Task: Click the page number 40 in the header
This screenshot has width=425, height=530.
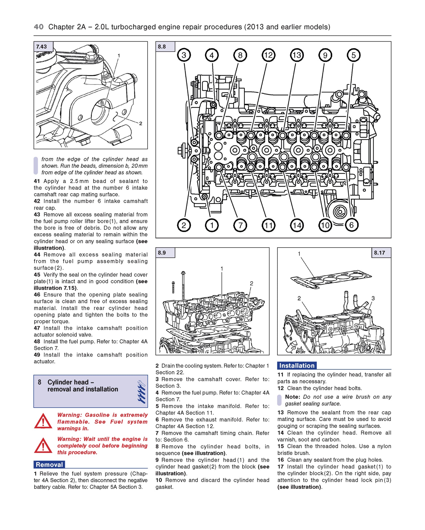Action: [39, 27]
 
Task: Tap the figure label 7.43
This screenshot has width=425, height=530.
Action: [42, 47]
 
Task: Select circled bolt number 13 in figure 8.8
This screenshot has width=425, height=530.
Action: [297, 55]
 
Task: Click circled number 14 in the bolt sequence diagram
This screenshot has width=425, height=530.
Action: [297, 225]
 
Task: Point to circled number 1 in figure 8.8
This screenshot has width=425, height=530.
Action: [212, 225]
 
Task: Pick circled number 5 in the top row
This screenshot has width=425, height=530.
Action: [353, 55]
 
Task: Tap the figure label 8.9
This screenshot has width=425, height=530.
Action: [162, 253]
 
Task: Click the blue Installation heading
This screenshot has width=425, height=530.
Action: [297, 366]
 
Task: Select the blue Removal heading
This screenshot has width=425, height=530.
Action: [49, 465]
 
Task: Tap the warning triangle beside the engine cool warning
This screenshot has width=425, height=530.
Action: [43, 445]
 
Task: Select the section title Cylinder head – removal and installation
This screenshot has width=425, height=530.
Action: [82, 386]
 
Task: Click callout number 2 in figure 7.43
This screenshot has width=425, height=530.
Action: [141, 124]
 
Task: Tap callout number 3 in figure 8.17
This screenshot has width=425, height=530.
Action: [373, 298]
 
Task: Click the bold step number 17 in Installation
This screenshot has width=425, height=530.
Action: [280, 467]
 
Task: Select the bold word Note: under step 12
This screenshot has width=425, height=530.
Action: [292, 397]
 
